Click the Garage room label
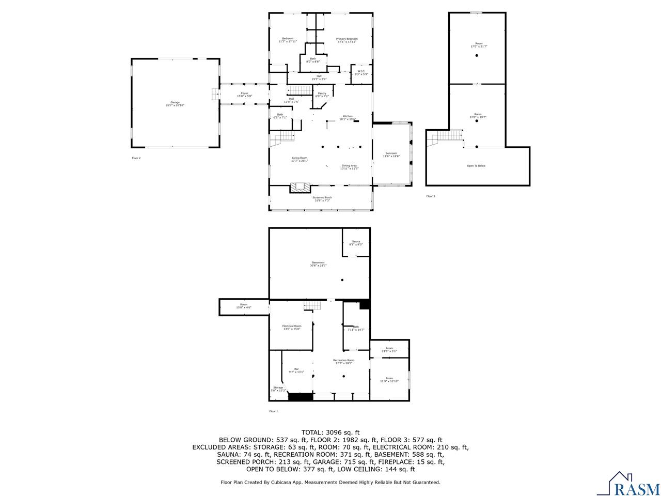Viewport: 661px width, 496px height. (x=175, y=103)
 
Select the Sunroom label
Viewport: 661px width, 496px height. (x=391, y=154)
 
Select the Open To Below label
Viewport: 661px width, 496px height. (x=476, y=166)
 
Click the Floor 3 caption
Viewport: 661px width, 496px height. (x=431, y=196)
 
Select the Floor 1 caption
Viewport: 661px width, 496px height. (x=273, y=411)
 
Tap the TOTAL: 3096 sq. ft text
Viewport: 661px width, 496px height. (x=330, y=432)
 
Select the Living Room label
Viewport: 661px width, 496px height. (x=300, y=159)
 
